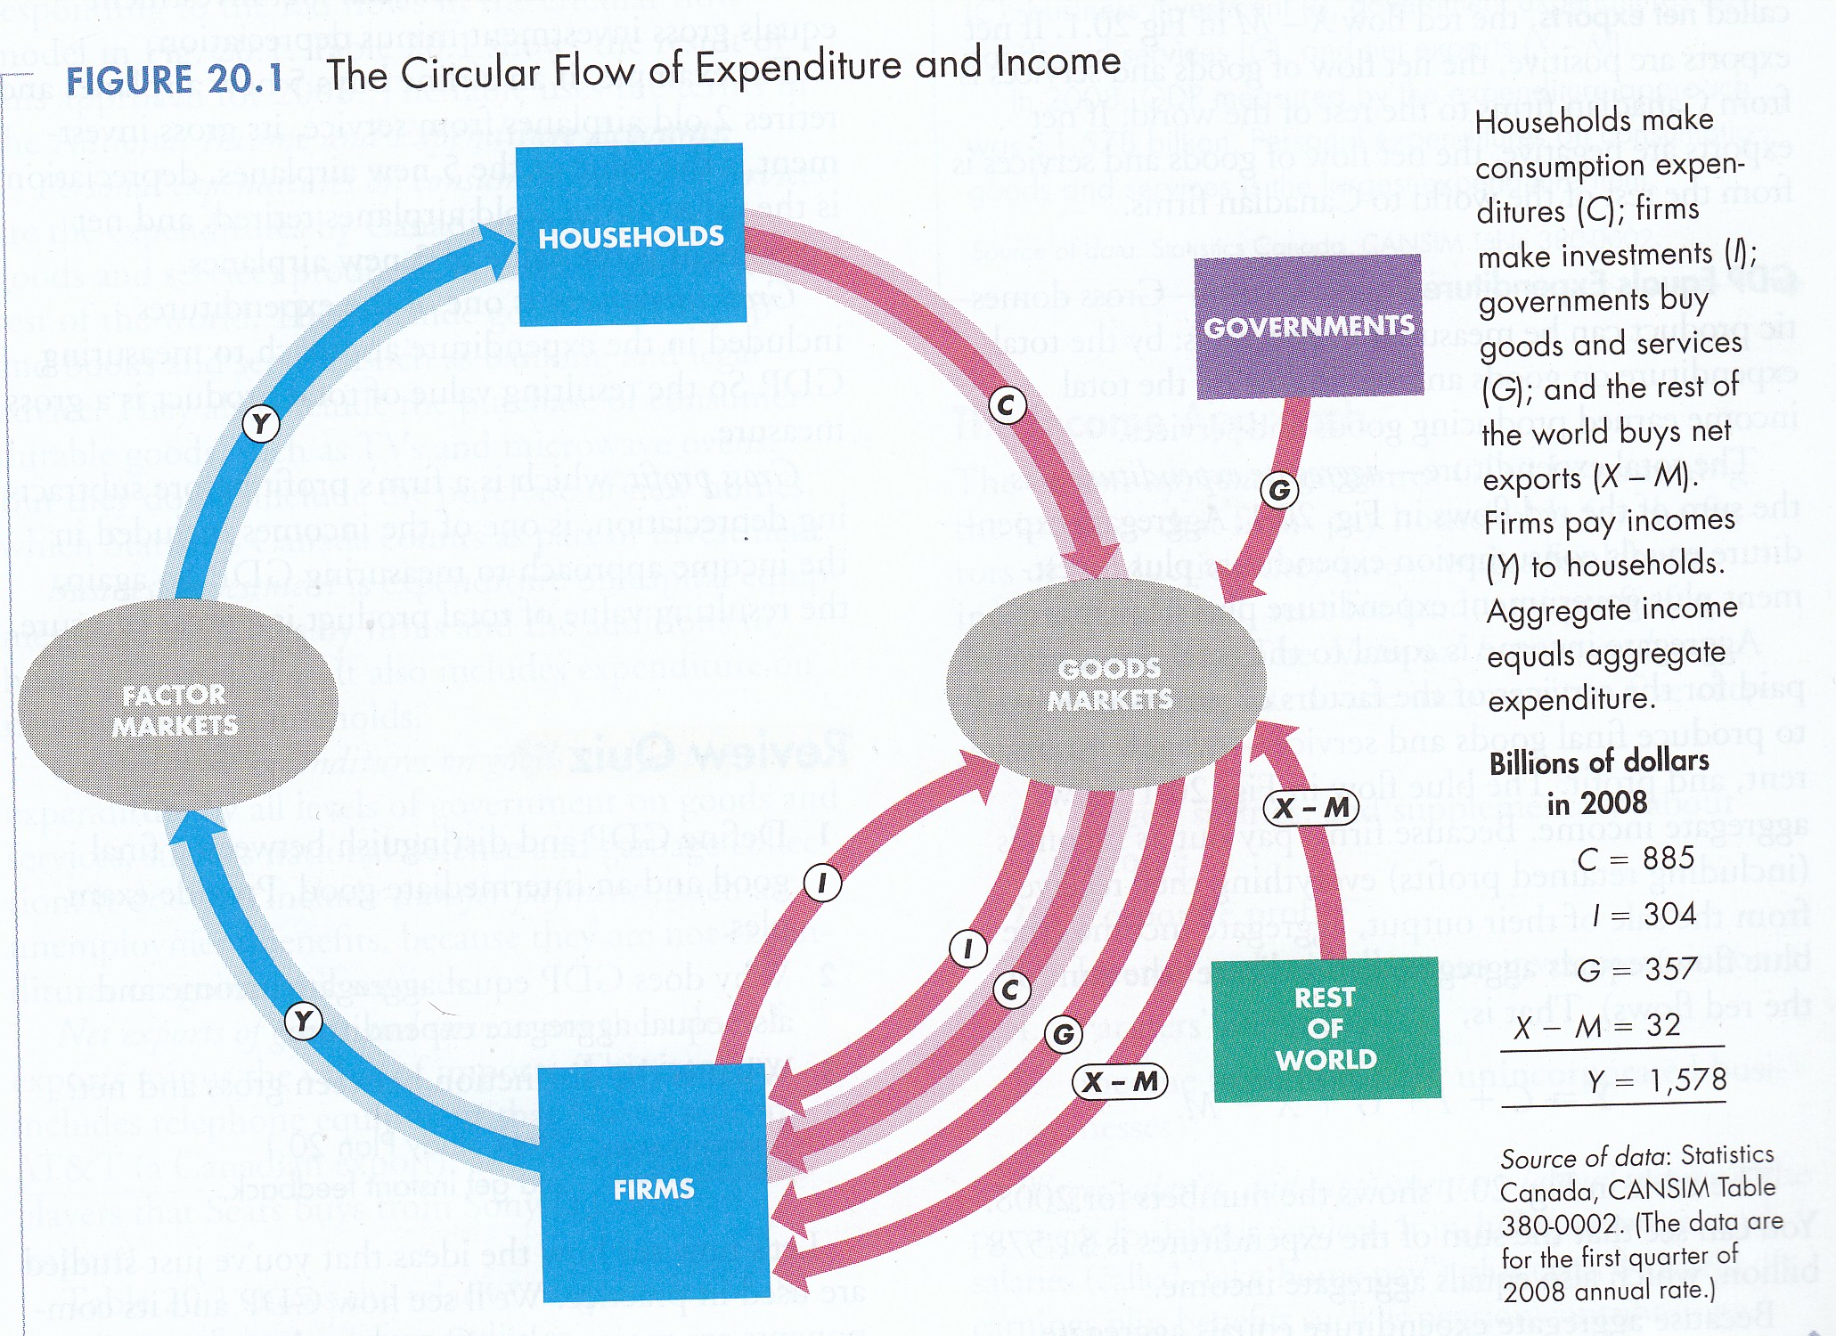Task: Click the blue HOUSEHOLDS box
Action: (x=631, y=234)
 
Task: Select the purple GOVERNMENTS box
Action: (x=1308, y=326)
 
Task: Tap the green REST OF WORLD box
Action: (x=1326, y=1028)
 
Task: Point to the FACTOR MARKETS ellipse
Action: (x=177, y=708)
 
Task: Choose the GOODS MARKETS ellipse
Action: (x=1107, y=684)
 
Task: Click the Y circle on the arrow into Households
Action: (x=261, y=423)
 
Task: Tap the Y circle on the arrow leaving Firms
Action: (x=303, y=1021)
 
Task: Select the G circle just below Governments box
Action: (x=1279, y=490)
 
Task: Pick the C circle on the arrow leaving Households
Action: (x=1007, y=406)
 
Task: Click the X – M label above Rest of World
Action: (x=1310, y=808)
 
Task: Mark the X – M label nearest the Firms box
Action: (x=1120, y=1081)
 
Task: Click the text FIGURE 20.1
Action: (x=174, y=80)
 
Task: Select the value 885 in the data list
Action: (x=1669, y=858)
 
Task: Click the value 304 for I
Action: (x=1669, y=914)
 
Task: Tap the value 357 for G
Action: (x=1669, y=968)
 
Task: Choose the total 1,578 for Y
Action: (x=1687, y=1080)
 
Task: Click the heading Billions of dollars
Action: (x=1599, y=762)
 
